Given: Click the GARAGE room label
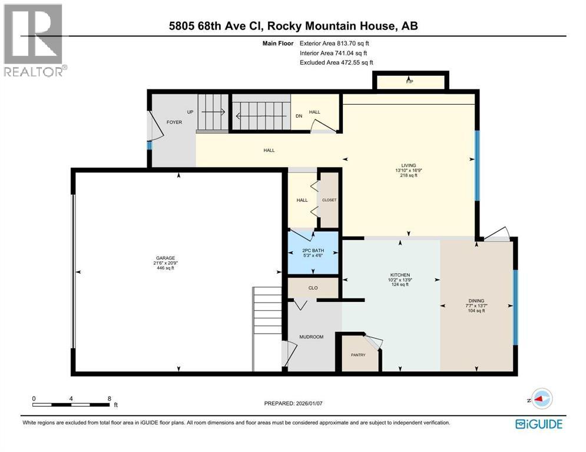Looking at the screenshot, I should tap(165, 258).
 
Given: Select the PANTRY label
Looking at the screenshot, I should tap(358, 355).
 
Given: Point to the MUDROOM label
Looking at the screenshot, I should tap(312, 337).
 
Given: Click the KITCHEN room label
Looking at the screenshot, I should tap(399, 275).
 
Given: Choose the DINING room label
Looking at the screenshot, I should tap(476, 301).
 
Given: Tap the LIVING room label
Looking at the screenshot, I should tap(408, 165).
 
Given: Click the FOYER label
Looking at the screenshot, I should tap(174, 122).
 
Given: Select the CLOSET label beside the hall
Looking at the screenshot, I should tap(329, 200).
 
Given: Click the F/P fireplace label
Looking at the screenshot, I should tap(409, 82).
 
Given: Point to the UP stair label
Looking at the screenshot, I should tap(190, 111).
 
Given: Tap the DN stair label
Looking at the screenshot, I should tap(299, 116).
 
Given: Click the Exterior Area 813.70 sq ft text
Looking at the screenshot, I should tap(335, 43).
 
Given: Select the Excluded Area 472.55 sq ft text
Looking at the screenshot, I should tap(336, 62).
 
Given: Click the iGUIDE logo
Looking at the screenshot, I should tap(538, 424).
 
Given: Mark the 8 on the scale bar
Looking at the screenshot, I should tap(110, 398).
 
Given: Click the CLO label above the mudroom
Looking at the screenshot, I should tap(313, 288).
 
